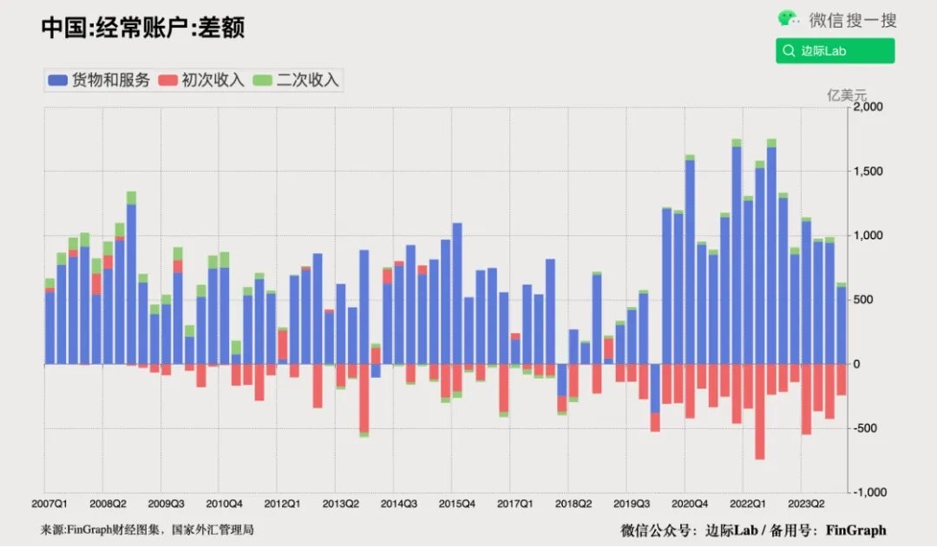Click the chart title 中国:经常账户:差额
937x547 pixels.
(142, 28)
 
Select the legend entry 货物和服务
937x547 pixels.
(100, 81)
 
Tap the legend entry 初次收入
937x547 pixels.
(204, 81)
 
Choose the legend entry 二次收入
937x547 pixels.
(298, 81)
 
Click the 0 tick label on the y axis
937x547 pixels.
(856, 364)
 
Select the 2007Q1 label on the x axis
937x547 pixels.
(50, 504)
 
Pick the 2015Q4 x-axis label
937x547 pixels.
(456, 504)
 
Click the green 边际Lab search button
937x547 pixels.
(835, 51)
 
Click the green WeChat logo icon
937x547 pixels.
(789, 19)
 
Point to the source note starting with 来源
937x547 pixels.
(147, 530)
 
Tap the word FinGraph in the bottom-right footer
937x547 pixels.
(855, 530)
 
